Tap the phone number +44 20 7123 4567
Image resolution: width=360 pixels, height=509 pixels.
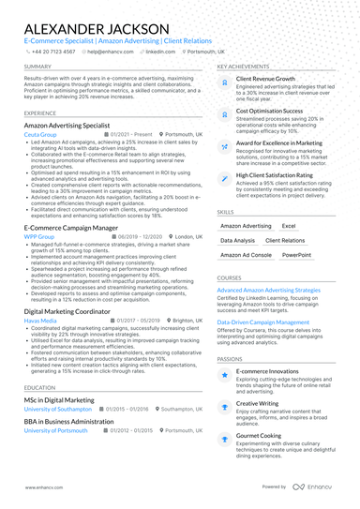click(x=49, y=52)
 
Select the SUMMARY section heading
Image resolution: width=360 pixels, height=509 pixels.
click(x=38, y=67)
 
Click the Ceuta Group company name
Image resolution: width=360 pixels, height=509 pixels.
click(x=39, y=134)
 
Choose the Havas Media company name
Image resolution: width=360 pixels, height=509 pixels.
click(x=40, y=320)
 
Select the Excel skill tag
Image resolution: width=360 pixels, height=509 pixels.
click(x=289, y=226)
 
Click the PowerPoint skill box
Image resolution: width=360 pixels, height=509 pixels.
click(x=295, y=254)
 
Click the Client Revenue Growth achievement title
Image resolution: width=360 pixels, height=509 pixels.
click(x=265, y=80)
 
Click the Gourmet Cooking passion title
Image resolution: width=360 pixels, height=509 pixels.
click(x=259, y=435)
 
